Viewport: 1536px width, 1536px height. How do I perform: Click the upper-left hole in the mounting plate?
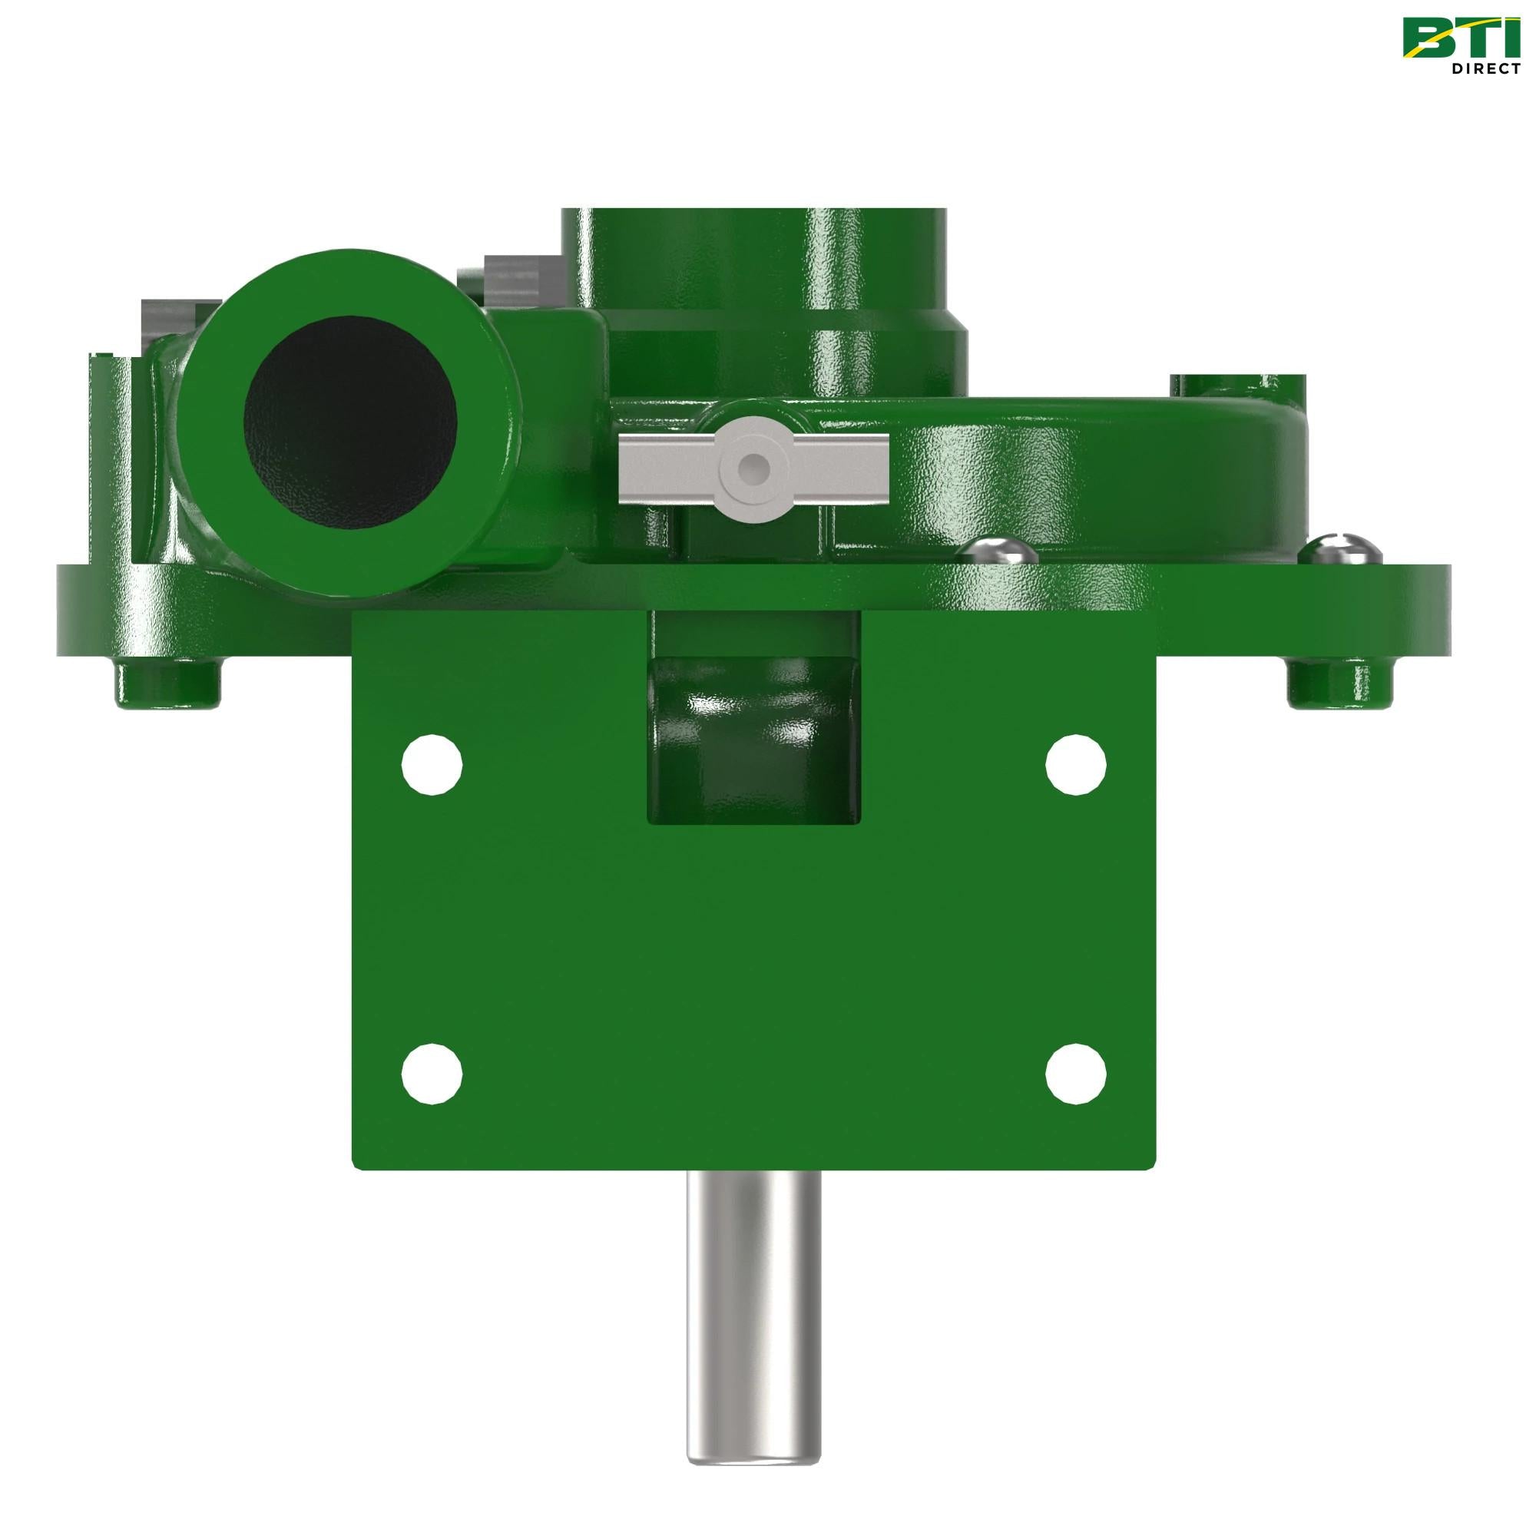point(432,765)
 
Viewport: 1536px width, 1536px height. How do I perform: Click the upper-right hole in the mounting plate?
point(1075,765)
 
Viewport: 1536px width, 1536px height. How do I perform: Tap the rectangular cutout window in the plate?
point(753,740)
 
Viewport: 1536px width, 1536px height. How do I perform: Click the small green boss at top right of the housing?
point(1236,388)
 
